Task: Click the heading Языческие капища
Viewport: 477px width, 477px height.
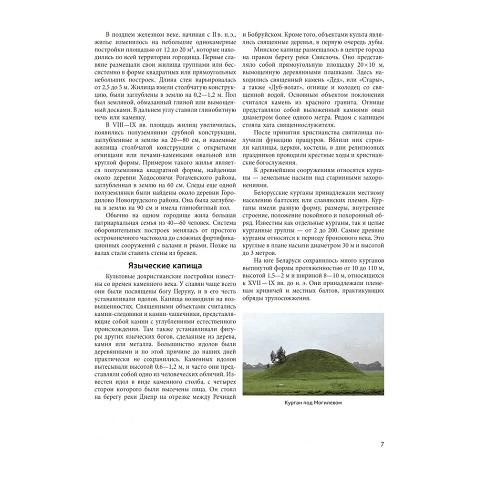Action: [x=165, y=266]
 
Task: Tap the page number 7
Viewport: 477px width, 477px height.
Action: [x=382, y=445]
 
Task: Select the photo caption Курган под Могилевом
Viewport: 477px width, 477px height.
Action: [x=313, y=403]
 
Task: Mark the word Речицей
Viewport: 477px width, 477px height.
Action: [x=222, y=397]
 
